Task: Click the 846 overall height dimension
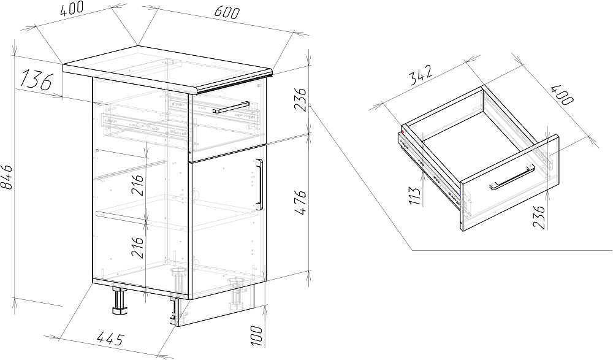7,177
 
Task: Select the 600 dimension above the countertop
226,12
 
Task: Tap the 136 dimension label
36,79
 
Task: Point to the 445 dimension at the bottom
110,339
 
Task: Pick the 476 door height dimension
300,202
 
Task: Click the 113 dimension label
416,196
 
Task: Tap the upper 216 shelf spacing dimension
137,185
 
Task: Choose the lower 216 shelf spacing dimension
137,247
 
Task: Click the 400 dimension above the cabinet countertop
72,9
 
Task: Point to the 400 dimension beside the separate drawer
562,94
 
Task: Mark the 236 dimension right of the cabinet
300,100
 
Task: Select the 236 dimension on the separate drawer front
538,216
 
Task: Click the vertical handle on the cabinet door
259,185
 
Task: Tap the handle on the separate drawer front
512,178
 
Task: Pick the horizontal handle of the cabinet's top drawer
231,107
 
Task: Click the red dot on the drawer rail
403,132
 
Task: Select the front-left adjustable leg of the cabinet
120,301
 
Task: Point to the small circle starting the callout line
309,105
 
